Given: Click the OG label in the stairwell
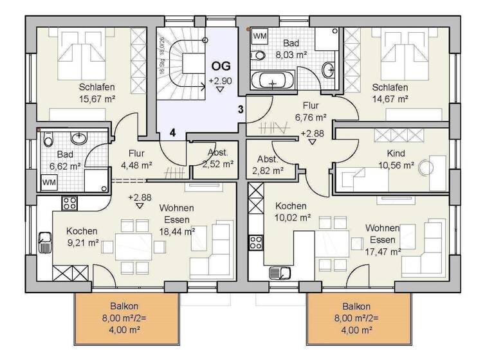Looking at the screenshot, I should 221,66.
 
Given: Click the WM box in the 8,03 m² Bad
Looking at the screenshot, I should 261,36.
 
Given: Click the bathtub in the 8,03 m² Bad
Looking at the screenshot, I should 274,82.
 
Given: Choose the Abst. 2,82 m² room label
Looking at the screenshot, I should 270,165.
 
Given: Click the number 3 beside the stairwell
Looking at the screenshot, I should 240,109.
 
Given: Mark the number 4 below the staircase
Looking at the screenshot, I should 172,132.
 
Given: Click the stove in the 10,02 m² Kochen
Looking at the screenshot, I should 256,242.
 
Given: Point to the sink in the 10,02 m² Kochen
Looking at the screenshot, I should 279,273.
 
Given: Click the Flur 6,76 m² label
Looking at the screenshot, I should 311,113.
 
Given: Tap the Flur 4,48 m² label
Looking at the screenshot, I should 136,159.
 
